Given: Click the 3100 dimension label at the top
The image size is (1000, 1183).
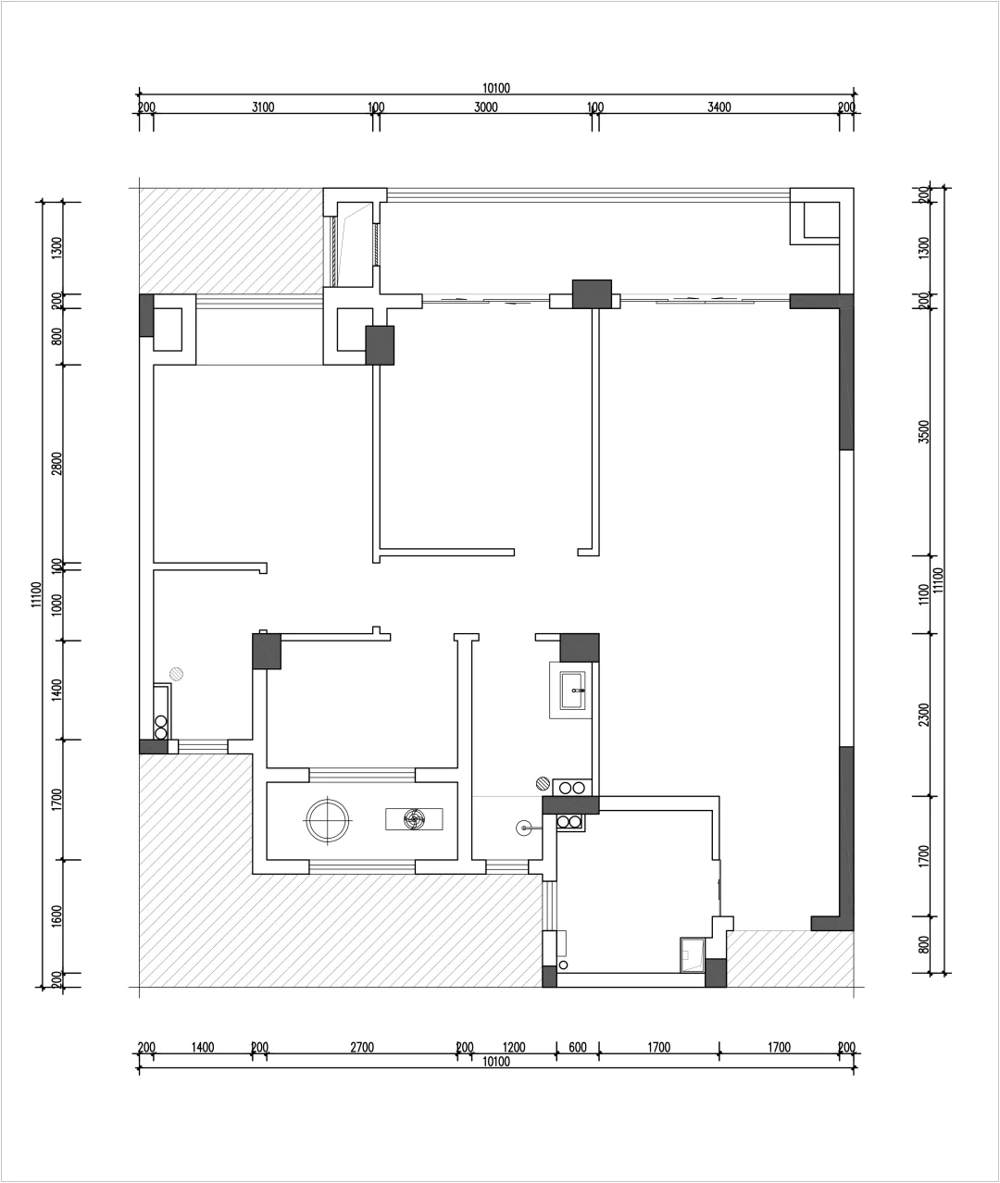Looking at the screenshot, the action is tap(263, 107).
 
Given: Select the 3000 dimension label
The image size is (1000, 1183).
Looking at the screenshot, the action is tap(486, 107).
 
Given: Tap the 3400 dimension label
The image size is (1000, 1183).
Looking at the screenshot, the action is tap(719, 107).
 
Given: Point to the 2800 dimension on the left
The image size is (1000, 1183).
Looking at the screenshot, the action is tap(56, 463).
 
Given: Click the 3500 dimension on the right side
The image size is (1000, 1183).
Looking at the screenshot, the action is tap(924, 431).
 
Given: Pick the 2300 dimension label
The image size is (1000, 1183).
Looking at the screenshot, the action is tap(924, 715).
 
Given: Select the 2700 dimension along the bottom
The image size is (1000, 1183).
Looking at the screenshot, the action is tap(362, 1047).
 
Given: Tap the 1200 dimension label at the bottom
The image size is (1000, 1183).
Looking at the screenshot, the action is tap(514, 1047).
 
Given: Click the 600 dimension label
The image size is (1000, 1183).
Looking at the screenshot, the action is tap(578, 1047).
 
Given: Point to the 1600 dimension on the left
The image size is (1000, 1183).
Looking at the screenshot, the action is tap(56, 916).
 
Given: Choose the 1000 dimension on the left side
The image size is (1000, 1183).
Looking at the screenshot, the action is tap(56, 604).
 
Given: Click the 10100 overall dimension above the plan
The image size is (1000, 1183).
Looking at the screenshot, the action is tap(496, 88).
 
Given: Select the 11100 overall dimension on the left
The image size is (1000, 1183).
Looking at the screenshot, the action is tap(37, 594).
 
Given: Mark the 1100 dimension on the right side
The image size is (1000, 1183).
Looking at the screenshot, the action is tap(924, 594).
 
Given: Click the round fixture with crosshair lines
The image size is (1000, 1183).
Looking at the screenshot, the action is tap(327, 820).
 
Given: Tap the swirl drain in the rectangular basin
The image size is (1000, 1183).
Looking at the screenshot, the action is tap(414, 818).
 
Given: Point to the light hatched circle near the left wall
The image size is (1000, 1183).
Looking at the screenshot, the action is tap(176, 674).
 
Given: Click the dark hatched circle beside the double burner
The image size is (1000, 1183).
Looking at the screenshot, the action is tap(544, 783).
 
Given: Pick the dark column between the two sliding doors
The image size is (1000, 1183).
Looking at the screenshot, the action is tap(592, 294).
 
